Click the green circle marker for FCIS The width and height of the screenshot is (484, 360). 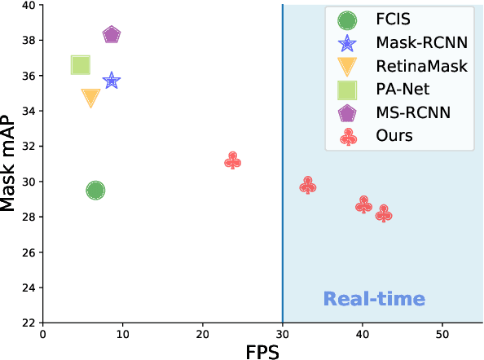95,191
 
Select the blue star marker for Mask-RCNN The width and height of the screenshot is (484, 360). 112,81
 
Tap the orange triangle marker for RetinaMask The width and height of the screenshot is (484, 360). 90,98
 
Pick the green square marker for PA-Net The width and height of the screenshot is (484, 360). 80,65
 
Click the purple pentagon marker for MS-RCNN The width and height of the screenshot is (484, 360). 112,35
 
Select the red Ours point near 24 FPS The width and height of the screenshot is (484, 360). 232,161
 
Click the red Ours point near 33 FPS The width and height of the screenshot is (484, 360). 307,186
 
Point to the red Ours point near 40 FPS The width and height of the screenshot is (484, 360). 363,205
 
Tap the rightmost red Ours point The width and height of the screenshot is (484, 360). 384,213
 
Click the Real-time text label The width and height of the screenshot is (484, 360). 374,299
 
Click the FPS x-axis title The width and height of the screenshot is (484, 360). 263,350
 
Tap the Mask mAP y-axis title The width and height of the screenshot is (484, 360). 10,163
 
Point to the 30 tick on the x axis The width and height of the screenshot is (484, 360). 282,334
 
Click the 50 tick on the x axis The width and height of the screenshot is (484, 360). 442,334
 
